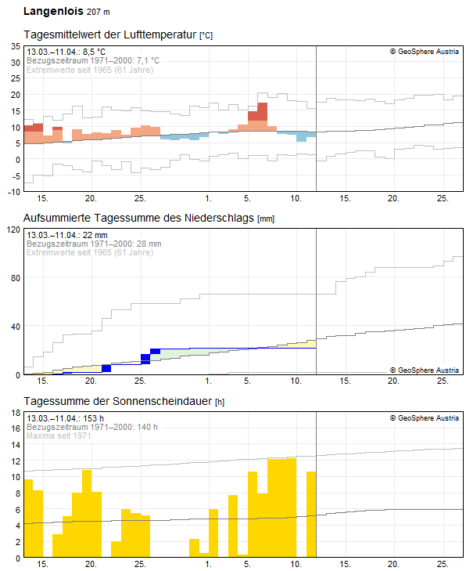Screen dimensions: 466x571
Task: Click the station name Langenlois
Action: [x=53, y=12]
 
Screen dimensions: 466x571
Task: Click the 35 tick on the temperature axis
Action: [x=16, y=46]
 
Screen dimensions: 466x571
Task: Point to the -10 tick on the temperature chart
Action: [x=14, y=192]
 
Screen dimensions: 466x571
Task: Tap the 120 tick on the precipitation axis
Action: [x=14, y=229]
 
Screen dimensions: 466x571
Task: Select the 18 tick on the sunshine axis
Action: [x=16, y=413]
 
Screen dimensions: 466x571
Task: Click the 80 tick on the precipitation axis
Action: [x=16, y=278]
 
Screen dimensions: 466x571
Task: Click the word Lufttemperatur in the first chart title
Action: [x=160, y=34]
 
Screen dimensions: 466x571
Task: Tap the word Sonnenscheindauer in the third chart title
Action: [x=162, y=401]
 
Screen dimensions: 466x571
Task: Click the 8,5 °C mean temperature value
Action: [x=94, y=52]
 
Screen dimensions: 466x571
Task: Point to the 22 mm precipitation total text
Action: [x=95, y=235]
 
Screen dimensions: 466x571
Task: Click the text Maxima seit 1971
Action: [x=59, y=435]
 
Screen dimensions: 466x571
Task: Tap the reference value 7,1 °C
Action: [x=148, y=60]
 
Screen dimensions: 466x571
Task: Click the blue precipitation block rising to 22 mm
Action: [x=156, y=352]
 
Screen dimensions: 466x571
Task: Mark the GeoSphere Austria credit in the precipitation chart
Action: [x=425, y=370]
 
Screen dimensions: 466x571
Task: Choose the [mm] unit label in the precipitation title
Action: [x=266, y=219]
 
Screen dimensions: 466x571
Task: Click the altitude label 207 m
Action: [x=99, y=12]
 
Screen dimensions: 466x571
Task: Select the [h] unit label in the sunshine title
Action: [x=220, y=402]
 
